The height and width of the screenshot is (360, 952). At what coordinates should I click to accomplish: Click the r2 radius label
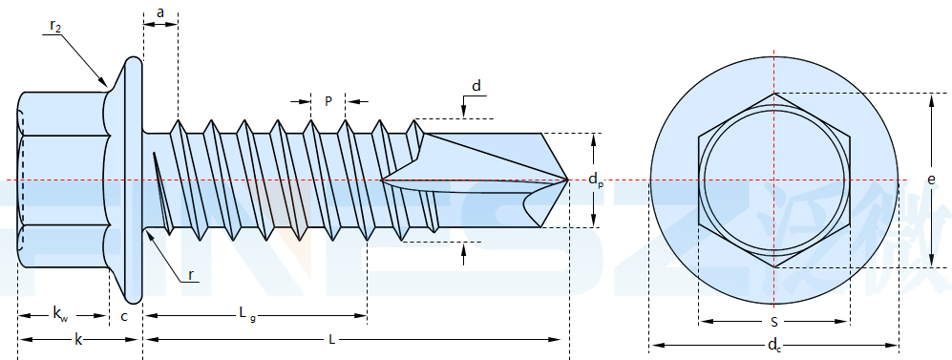pos(55,26)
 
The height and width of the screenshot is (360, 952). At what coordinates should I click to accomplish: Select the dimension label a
pos(160,12)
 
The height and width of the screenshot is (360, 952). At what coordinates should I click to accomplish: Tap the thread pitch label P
pos(328,101)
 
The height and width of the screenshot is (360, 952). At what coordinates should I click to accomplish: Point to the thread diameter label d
pos(476,86)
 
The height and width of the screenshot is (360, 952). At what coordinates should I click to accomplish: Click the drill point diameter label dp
pos(596,180)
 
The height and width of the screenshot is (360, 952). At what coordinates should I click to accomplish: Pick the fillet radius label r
pos(191,275)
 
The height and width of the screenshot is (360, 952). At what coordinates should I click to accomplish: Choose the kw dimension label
pos(60,314)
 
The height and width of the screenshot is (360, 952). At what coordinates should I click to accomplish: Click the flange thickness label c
pos(124,316)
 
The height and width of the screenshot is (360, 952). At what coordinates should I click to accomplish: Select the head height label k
pos(77,339)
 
